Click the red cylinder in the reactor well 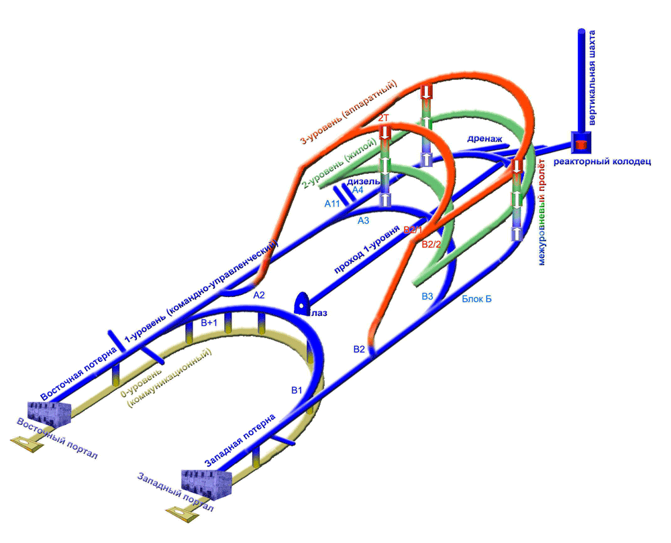581,145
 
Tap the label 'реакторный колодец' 602,162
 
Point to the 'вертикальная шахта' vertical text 592,77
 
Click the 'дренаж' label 484,139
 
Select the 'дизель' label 363,181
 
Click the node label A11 332,204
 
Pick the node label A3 363,221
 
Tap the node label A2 259,295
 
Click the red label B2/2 431,245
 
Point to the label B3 427,296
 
